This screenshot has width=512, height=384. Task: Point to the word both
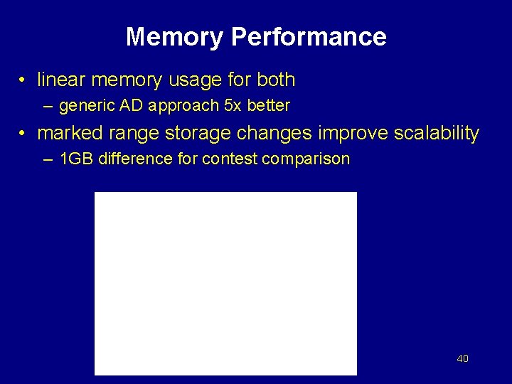click(274, 80)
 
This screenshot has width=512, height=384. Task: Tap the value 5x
click(233, 106)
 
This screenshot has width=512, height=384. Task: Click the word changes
click(278, 133)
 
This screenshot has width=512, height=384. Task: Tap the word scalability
click(438, 133)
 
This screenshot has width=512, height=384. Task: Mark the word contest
click(230, 159)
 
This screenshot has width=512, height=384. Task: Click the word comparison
click(306, 159)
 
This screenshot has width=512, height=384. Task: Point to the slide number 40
click(462, 359)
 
